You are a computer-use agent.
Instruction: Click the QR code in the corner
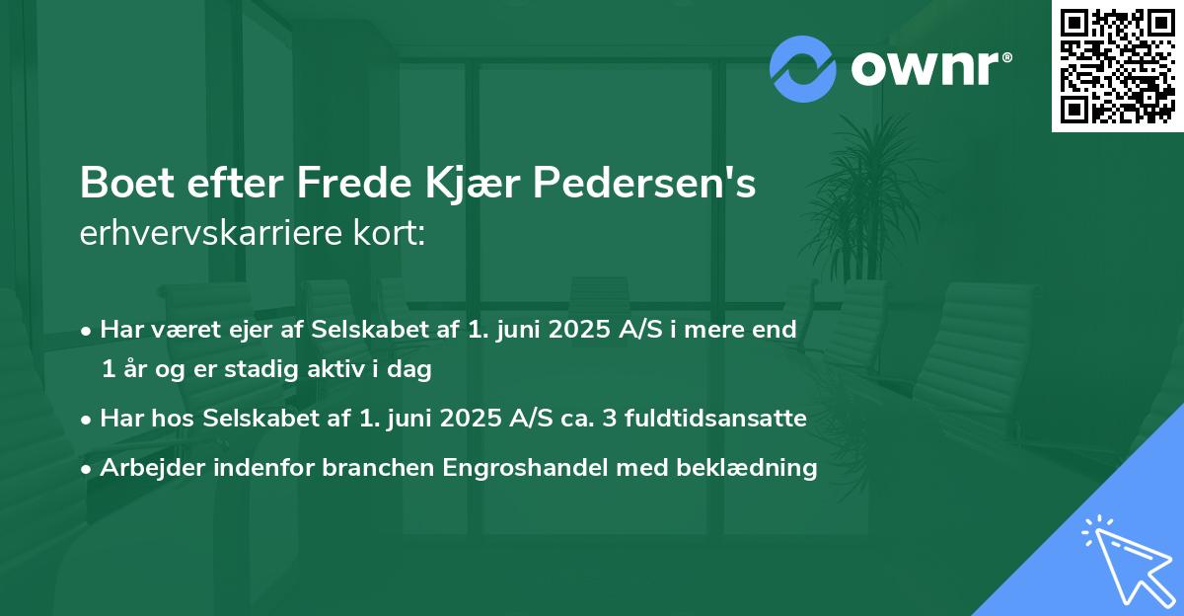click(x=1117, y=66)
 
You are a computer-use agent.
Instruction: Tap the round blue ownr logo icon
click(x=803, y=69)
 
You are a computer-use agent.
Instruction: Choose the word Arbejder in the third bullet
click(x=143, y=468)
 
